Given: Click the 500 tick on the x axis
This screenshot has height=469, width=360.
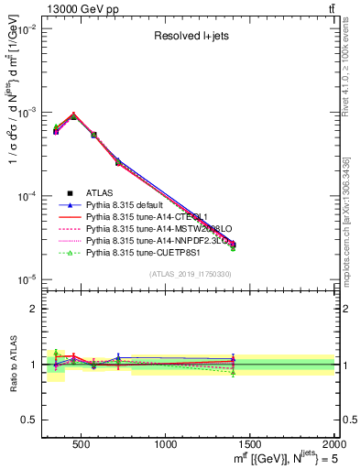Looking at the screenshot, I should click(81, 444).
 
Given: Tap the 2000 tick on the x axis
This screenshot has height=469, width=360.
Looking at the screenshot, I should click(334, 444).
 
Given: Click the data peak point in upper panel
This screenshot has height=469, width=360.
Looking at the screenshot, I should click(73, 116).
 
